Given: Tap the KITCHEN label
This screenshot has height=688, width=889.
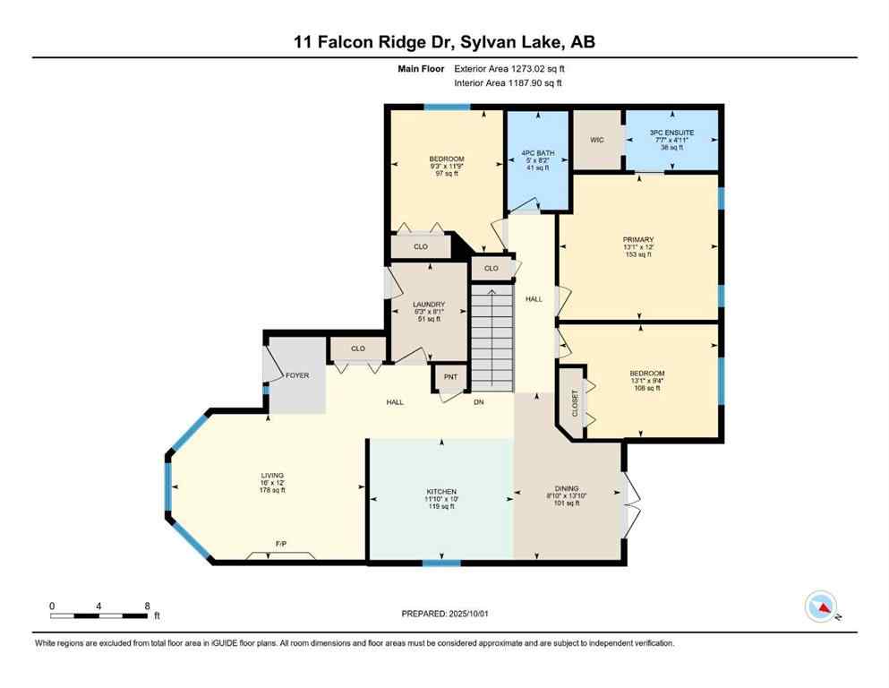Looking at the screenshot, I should pyautogui.click(x=441, y=492).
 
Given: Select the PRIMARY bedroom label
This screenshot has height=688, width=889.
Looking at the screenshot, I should pyautogui.click(x=638, y=240).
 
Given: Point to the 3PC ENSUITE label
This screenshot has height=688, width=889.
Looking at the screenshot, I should pyautogui.click(x=671, y=133).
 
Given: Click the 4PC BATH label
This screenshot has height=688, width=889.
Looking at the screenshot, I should pyautogui.click(x=538, y=153).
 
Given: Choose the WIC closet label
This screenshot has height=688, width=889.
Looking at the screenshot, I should pyautogui.click(x=597, y=140).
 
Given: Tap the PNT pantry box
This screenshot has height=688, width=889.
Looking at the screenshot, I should pyautogui.click(x=450, y=377).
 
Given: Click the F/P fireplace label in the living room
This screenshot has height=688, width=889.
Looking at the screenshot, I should pyautogui.click(x=280, y=544).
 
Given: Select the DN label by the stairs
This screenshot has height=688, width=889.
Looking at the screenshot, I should pyautogui.click(x=479, y=402).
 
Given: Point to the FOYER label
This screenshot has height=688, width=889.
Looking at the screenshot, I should pyautogui.click(x=297, y=375).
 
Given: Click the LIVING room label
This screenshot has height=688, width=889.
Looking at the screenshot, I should pyautogui.click(x=272, y=475).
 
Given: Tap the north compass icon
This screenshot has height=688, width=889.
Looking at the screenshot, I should pyautogui.click(x=821, y=606).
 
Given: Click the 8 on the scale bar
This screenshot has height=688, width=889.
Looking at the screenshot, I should pyautogui.click(x=147, y=606).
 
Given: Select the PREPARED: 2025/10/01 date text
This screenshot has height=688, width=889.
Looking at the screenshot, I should pyautogui.click(x=444, y=614).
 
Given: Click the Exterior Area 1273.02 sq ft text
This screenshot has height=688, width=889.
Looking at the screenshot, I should pyautogui.click(x=509, y=68).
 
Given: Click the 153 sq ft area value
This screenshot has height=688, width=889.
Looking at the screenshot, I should pyautogui.click(x=638, y=254).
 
